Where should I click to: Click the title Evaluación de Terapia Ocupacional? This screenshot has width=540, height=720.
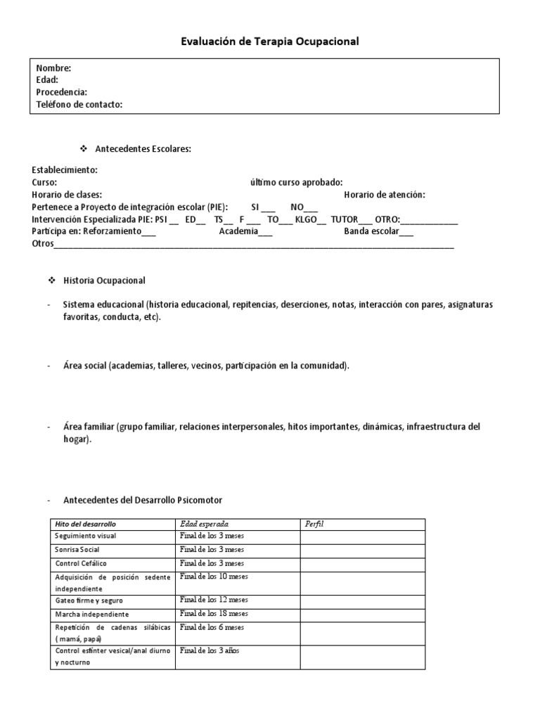click(270, 41)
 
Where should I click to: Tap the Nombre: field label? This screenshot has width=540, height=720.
click(53, 68)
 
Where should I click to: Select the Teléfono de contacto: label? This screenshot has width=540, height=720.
click(79, 105)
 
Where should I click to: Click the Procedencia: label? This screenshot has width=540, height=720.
click(61, 92)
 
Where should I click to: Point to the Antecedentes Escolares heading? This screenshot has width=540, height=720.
click(143, 149)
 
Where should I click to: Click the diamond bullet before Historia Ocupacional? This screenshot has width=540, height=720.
click(51, 281)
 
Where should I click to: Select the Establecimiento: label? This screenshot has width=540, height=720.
click(65, 170)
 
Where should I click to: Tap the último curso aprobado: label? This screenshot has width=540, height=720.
click(296, 182)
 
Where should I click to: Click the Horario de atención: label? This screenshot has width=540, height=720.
click(385, 195)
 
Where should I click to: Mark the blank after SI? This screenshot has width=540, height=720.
click(269, 208)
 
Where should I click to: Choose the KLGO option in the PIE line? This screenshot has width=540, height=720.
click(307, 219)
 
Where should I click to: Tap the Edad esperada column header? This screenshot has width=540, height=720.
click(204, 525)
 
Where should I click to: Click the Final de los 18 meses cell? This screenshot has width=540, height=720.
click(212, 613)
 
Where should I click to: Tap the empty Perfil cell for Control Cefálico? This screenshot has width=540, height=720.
click(362, 563)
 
